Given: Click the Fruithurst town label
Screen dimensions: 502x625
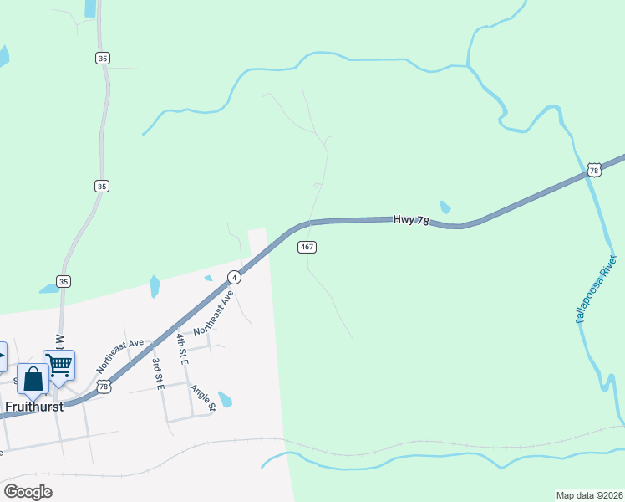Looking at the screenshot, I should coord(35,407).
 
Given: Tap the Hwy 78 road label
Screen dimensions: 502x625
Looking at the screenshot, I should coord(411,220).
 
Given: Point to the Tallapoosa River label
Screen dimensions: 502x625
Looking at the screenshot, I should coord(596,290).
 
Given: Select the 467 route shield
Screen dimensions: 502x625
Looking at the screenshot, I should coord(307,247).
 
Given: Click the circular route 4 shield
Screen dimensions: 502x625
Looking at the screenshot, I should coord(236,277).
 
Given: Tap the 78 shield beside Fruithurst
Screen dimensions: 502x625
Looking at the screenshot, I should coord(102,386).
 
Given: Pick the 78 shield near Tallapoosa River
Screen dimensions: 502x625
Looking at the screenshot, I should coord(593,170).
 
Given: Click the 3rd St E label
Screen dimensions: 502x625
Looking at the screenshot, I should coord(156,373).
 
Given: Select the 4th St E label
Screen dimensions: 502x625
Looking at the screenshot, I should coord(181,348).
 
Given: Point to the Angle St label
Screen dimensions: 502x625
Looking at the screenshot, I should coord(203,398).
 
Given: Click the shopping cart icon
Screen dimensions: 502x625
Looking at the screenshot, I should coord(59,365).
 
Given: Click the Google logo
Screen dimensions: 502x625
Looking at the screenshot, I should coord(28,492).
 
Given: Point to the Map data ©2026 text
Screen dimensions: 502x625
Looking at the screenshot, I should coord(590,494).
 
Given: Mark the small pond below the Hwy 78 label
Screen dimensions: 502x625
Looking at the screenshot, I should coord(445,207).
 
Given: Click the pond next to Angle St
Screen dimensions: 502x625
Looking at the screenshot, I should coord(225,399).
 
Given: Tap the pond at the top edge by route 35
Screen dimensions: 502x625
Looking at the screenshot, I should coord(90,8).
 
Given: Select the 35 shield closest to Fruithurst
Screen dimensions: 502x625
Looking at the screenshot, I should coord(63,281).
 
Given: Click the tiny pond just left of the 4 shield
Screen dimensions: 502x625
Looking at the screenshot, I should coord(208,278).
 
